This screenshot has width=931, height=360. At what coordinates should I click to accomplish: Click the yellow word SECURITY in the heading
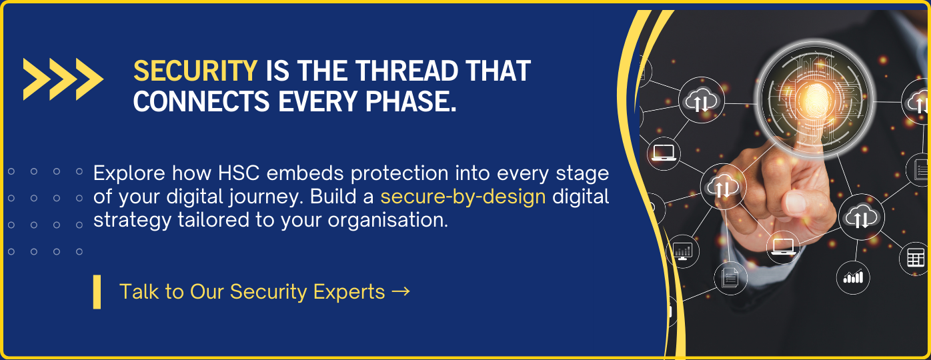[195, 71]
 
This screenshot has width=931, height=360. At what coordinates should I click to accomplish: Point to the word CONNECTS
[201, 101]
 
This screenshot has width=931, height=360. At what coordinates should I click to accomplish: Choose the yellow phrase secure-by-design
[463, 197]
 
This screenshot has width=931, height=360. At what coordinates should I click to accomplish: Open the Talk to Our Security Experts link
[265, 291]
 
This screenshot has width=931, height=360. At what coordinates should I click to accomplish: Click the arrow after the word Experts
[401, 291]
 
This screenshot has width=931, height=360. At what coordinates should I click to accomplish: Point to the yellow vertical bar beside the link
[97, 292]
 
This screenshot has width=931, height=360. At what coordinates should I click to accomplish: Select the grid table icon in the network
[916, 258]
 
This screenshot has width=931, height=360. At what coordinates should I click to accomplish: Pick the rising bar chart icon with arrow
[853, 277]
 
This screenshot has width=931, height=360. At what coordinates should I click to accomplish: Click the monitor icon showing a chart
[682, 251]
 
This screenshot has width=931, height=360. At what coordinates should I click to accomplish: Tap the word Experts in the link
[349, 292]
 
